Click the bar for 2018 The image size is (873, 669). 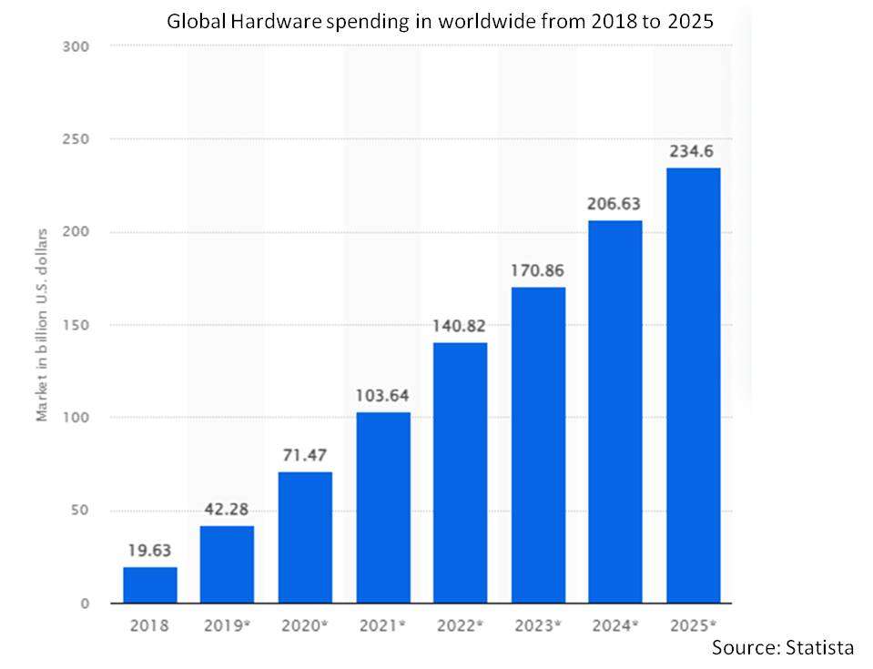click(x=150, y=584)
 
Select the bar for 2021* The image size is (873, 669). click(x=382, y=507)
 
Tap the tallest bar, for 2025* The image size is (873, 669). click(x=693, y=385)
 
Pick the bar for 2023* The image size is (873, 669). click(x=538, y=445)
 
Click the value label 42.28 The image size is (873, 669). click(x=228, y=510)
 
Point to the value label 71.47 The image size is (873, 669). click(x=305, y=455)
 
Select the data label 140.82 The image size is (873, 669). click(x=460, y=327)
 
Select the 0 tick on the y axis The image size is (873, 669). click(x=85, y=603)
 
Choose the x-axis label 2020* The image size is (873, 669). click(x=305, y=625)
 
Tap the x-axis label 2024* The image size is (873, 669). click(x=615, y=625)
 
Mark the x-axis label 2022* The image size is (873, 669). click(x=460, y=625)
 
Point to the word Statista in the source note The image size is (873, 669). click(x=817, y=647)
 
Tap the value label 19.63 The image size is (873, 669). click(x=150, y=550)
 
